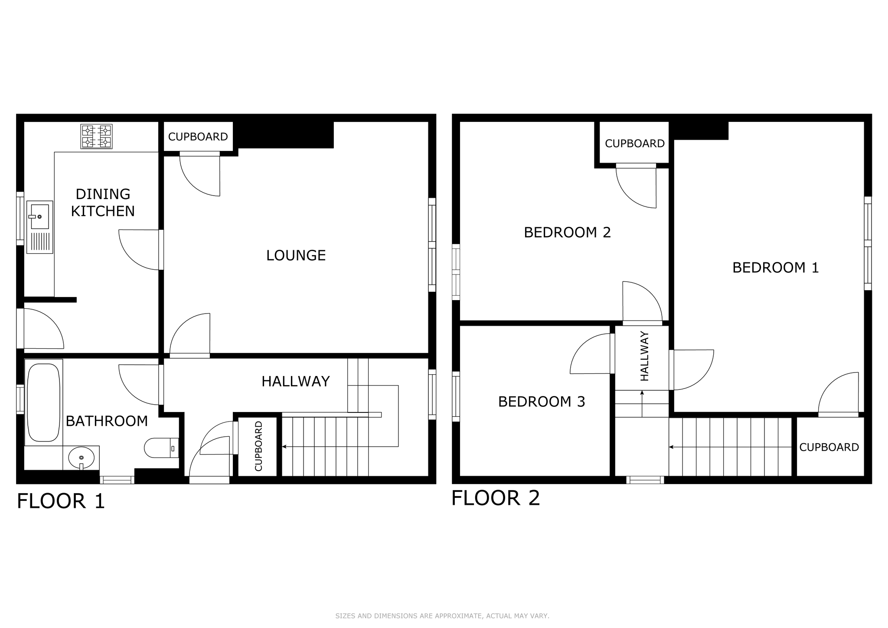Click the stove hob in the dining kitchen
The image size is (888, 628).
[x=96, y=137]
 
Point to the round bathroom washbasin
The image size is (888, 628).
[x=81, y=458]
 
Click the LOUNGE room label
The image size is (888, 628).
[x=296, y=255]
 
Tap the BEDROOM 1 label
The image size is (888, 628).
[x=776, y=268]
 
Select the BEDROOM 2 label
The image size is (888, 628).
[x=568, y=232]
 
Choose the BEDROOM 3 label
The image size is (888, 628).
[x=542, y=402]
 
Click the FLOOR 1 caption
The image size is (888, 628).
[x=61, y=501]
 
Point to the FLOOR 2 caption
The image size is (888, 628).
[x=496, y=497]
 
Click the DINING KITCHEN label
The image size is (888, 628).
[x=103, y=203]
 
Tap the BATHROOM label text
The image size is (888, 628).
[x=107, y=421]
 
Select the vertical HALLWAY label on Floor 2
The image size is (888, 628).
[x=645, y=356]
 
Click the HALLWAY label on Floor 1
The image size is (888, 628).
[x=296, y=381]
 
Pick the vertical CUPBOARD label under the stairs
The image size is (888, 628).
[x=258, y=446]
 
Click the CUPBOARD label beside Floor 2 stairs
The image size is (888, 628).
[x=829, y=447]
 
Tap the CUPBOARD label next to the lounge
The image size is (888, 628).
[x=198, y=137]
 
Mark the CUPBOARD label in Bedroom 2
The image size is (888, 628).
[x=635, y=144]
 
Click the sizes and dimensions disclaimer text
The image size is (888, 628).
[x=442, y=616]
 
